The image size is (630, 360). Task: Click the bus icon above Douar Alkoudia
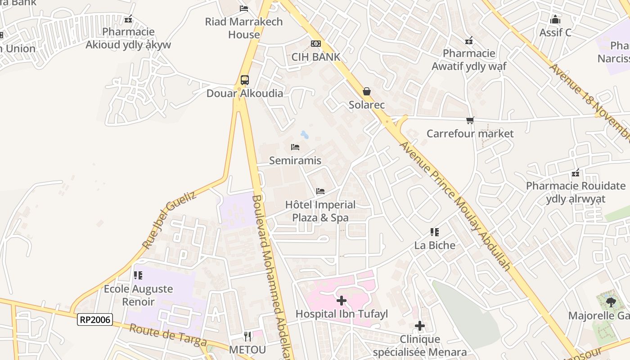244,80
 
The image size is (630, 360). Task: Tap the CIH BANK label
316,57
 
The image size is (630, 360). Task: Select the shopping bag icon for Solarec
367,92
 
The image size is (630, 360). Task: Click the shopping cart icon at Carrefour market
470,121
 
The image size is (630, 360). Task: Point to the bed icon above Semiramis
295,147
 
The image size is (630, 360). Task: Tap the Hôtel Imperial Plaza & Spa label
320,211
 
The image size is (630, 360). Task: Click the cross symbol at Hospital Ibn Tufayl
342,300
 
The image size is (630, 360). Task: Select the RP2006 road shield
94,319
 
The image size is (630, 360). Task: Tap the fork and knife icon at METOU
247,336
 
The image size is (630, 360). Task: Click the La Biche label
435,245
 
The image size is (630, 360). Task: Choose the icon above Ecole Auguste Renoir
138,275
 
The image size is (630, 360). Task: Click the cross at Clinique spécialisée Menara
419,325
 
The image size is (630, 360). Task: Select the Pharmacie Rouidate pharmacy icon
575,173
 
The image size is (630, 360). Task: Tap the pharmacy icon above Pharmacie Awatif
469,40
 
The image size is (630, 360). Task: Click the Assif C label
555,32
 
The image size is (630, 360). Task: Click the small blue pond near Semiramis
305,135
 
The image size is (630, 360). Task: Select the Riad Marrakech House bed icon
244,8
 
